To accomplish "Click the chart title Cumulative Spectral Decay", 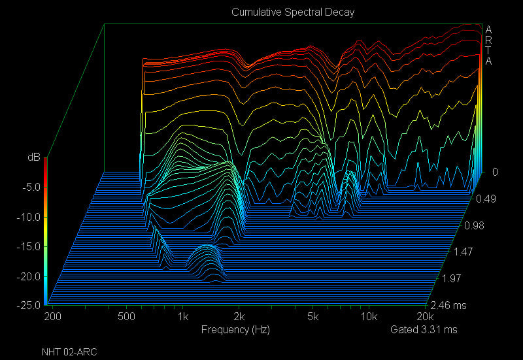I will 293,12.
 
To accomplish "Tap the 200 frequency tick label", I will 52,317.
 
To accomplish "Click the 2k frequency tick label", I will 239,317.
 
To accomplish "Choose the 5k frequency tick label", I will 313,317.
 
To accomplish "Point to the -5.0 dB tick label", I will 30,187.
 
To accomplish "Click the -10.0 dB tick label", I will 28,217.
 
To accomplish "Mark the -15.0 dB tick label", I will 28,246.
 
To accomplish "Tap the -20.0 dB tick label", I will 28,276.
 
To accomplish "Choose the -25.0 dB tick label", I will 28,306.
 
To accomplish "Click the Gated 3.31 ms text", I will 424,329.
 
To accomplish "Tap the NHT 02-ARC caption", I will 69,352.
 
